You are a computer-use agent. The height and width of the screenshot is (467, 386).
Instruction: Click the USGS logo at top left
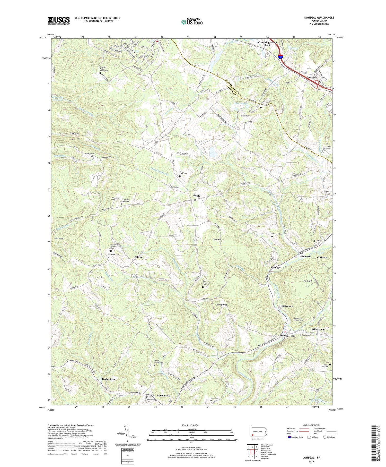click(59, 21)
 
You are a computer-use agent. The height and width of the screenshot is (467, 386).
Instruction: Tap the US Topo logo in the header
click(191, 22)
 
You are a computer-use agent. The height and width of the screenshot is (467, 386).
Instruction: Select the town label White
click(197, 196)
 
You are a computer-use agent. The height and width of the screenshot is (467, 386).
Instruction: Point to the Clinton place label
click(139, 257)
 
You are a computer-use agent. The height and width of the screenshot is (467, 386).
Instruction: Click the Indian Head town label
click(287, 336)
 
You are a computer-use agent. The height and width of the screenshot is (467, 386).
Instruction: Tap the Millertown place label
click(318, 329)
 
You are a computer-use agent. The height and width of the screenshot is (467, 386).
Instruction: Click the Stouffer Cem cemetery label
click(87, 154)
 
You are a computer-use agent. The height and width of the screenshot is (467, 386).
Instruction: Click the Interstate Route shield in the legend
click(290, 437)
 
